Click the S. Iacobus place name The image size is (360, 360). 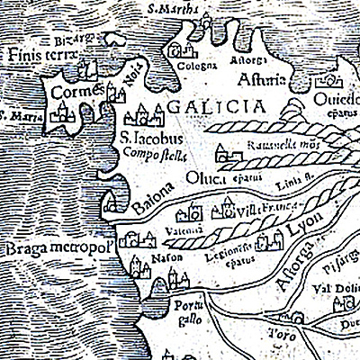[x=151, y=139]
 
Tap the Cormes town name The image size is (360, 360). [x=71, y=92]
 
